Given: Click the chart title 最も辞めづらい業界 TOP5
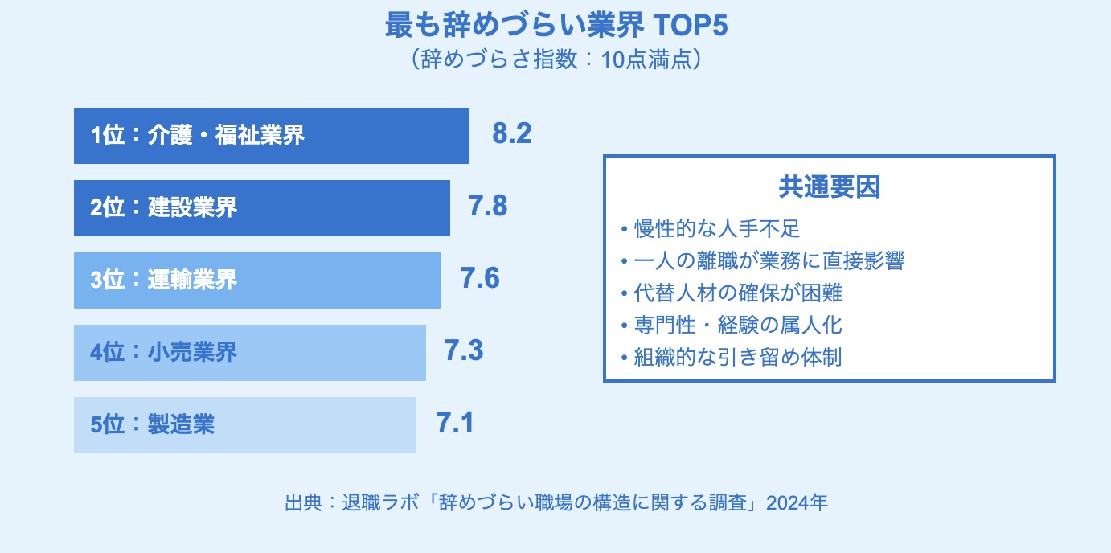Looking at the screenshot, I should tap(555, 26).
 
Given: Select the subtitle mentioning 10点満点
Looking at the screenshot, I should tap(555, 61).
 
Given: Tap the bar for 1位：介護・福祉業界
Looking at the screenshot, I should tap(271, 136).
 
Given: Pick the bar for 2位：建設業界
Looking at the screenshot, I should tap(261, 208).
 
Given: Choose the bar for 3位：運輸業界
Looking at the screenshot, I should tap(256, 281).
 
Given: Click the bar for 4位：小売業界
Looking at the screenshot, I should tap(249, 353).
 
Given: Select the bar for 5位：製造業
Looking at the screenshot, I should tap(244, 425).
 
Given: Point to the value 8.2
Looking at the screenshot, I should tap(512, 134).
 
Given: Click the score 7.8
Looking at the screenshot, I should tap(488, 207).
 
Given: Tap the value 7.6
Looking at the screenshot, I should tap(480, 279).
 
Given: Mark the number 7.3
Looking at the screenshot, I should tap(464, 351).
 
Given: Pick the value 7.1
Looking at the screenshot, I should tap(455, 424).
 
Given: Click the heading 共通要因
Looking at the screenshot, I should tap(829, 187).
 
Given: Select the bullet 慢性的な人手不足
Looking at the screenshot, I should tap(711, 229).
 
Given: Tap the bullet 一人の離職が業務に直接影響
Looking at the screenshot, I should tap(763, 261).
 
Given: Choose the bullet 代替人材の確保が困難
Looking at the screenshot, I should tap(732, 293).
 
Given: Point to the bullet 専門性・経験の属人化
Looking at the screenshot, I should tap(732, 326).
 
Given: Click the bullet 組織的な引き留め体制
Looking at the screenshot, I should tap(732, 358).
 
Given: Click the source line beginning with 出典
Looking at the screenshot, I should tap(555, 503).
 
